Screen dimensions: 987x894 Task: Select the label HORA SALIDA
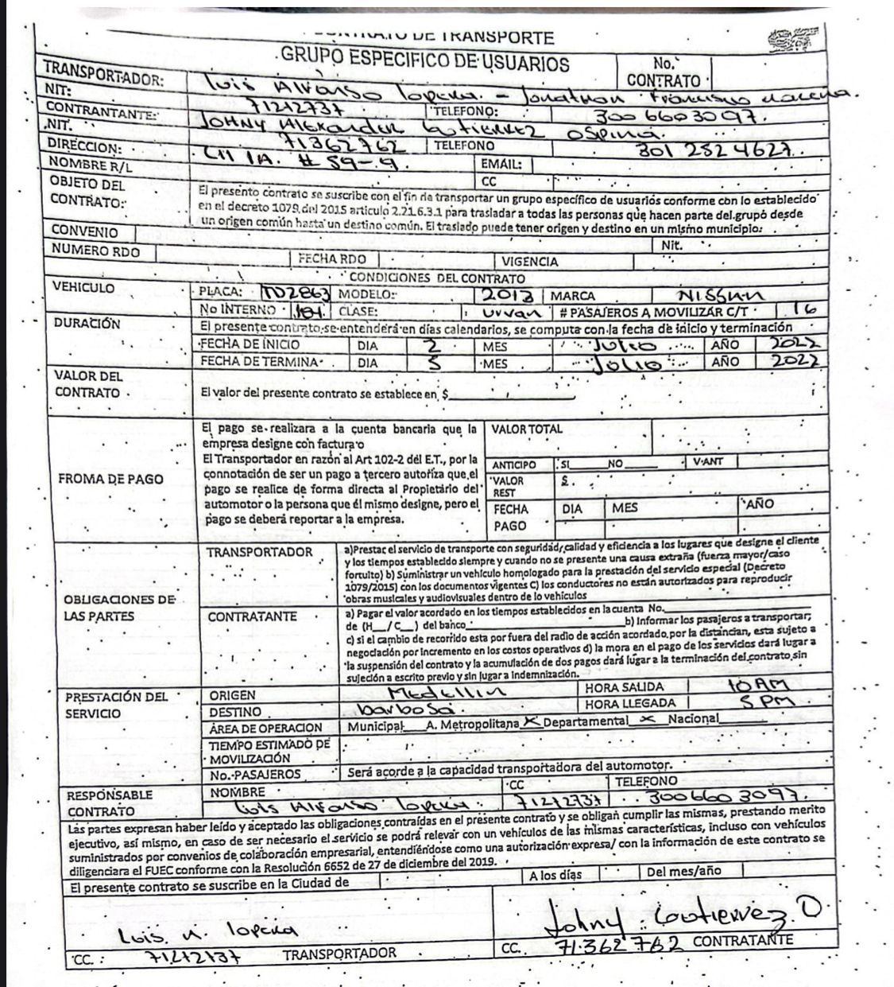(x=625, y=688)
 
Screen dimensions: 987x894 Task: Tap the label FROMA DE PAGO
(x=110, y=479)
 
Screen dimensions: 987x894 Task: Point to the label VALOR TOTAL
(x=526, y=429)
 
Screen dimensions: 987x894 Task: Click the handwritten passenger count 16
(x=799, y=310)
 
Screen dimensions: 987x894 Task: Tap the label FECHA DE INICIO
(x=250, y=344)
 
